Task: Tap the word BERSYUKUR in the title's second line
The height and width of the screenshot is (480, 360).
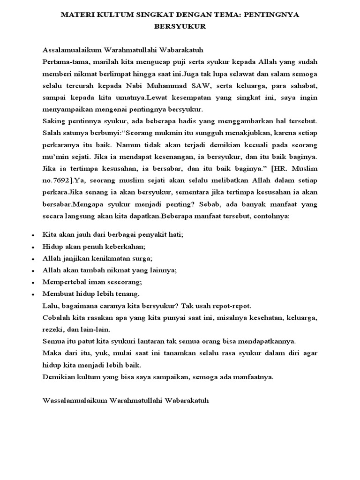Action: [x=180, y=27]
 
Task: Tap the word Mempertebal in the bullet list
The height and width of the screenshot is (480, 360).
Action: [x=62, y=283]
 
